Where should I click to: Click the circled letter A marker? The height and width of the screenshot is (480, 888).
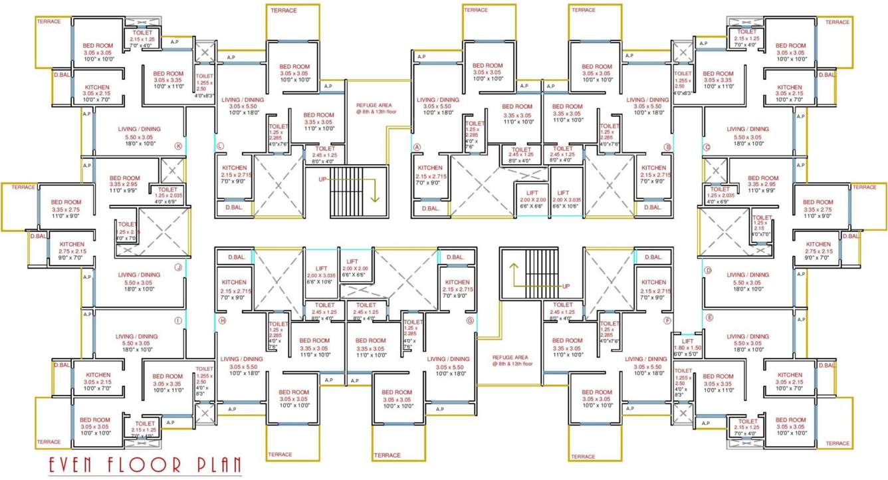pos(417,147)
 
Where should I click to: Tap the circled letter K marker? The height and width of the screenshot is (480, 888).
pos(177,146)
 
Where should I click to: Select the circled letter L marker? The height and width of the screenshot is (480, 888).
pos(221,146)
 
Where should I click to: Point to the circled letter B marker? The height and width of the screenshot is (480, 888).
pos(667,147)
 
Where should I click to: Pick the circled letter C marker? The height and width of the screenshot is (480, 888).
pos(707,147)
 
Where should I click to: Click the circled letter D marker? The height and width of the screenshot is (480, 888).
pos(709,271)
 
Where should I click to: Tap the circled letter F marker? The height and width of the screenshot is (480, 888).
pos(667,320)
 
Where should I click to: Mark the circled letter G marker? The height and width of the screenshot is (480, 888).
pos(470,320)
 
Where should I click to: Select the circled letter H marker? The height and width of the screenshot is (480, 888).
pos(222,320)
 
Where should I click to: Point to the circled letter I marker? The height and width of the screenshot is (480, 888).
pos(178,320)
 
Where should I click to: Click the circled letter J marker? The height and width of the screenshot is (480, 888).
pos(178,268)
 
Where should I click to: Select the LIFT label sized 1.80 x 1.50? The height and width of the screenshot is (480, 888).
pos(688,341)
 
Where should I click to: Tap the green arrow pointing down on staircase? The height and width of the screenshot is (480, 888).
pos(375,193)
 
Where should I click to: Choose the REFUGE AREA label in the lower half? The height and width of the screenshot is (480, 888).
pos(512,360)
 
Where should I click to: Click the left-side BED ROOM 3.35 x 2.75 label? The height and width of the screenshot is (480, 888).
pos(65,205)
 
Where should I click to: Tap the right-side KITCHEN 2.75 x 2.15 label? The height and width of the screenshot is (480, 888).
pos(818,248)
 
